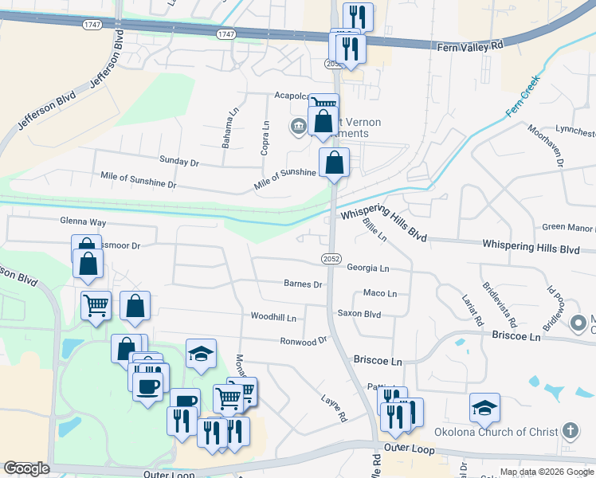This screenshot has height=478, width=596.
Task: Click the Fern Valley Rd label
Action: (x=471, y=47)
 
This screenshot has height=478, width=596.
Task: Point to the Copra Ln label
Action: (x=265, y=137)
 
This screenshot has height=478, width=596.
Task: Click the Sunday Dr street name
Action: (x=178, y=161)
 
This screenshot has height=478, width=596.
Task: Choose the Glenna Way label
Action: (x=83, y=222)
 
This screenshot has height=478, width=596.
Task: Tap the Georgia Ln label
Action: (x=368, y=268)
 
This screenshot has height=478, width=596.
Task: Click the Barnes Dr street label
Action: (x=303, y=284)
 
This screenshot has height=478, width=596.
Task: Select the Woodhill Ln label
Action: (x=273, y=317)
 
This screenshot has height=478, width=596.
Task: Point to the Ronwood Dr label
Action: (x=304, y=341)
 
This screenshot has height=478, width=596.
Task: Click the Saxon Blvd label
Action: (x=359, y=314)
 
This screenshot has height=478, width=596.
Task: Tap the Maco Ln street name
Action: (x=380, y=293)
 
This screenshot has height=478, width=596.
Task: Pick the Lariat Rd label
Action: (x=472, y=311)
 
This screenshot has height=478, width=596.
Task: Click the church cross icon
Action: (x=570, y=431)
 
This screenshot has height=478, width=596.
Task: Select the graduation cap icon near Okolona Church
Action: (x=484, y=408)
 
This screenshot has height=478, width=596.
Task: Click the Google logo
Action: (x=26, y=468)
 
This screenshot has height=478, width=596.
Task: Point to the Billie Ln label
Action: (x=374, y=229)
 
